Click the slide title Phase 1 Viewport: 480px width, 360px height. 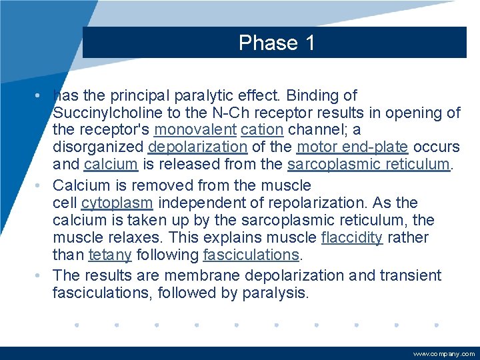[x=277, y=43]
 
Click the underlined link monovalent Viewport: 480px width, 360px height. [x=195, y=130]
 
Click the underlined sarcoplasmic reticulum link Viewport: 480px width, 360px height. [x=369, y=165]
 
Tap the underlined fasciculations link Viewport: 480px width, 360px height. [x=251, y=255]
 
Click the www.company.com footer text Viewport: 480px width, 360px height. [x=444, y=354]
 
